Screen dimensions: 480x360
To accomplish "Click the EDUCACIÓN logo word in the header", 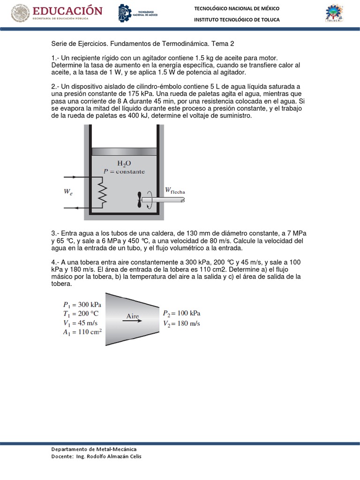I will (67, 11).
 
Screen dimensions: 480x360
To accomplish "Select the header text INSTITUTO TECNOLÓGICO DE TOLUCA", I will (237, 19).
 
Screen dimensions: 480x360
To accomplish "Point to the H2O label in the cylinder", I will (124, 164).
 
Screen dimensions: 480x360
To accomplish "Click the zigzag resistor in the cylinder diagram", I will (103, 193).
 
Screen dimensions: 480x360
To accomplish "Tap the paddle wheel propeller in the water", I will (141, 199).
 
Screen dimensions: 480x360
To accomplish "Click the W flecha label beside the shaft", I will (174, 190).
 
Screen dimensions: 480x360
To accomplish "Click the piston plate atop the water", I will (124, 152).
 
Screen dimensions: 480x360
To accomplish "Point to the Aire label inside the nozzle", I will (133, 316).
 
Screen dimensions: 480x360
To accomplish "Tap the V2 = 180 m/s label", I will (181, 323).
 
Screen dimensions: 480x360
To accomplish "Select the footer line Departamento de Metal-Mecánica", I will (94, 449).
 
